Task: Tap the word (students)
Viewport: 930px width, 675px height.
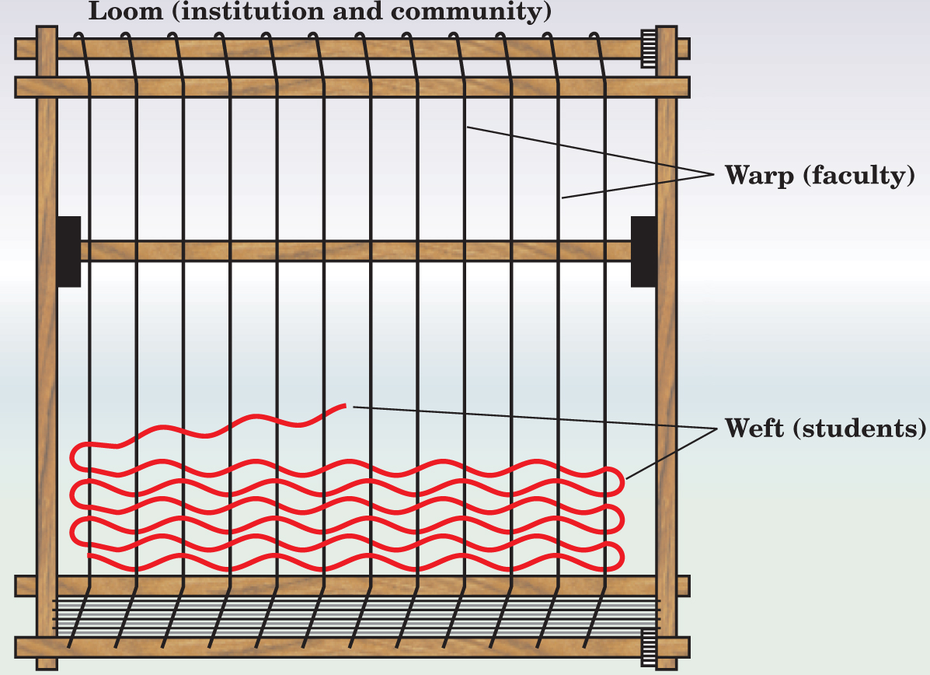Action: [860, 428]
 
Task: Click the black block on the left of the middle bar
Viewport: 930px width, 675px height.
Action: [69, 251]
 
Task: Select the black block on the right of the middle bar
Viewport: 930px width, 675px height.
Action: [643, 251]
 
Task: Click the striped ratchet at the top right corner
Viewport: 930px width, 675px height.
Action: [648, 48]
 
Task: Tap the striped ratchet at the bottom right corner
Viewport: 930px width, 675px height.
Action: [648, 647]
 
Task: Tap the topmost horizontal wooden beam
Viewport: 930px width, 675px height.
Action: [350, 49]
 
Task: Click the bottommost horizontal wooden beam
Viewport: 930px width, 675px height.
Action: [350, 647]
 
